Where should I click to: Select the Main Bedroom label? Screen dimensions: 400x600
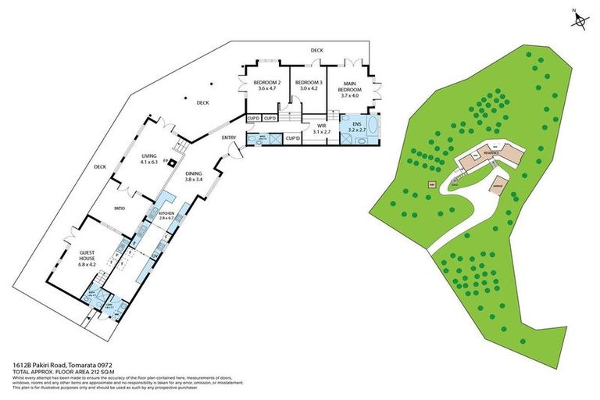click(x=349, y=88)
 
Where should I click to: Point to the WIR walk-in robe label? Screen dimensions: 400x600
click(x=321, y=129)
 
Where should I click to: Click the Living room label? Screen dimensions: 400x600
click(x=148, y=159)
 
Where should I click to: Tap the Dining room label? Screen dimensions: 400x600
click(x=194, y=177)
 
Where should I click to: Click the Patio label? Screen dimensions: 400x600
click(x=120, y=209)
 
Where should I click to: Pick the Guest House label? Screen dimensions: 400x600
click(x=87, y=259)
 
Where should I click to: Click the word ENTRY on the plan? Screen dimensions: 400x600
click(x=229, y=138)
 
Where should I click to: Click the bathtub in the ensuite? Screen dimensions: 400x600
click(x=371, y=127)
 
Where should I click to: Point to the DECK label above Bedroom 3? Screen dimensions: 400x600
click(x=316, y=50)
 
